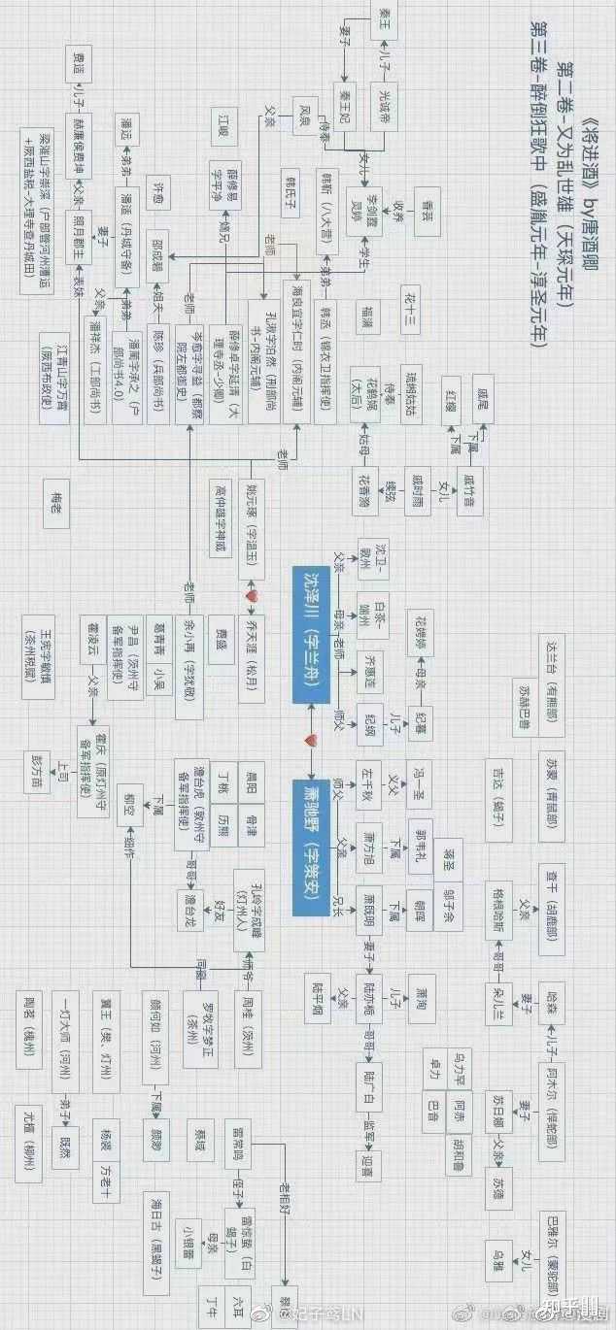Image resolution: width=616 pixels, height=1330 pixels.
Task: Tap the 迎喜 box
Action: coord(367,1160)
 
